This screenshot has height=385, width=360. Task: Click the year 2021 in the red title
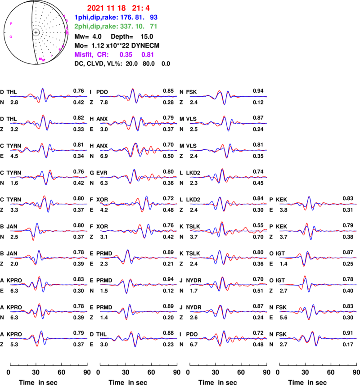95,8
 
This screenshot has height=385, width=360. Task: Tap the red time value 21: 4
141,8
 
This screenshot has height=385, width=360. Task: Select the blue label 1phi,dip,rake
96,18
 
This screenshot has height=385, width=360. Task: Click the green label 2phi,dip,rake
96,27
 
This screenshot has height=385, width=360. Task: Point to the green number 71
153,27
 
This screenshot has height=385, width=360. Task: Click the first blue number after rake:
126,18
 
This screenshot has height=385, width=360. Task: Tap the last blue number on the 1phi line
153,18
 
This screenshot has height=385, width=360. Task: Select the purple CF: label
103,55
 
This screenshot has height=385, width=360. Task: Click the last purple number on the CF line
148,55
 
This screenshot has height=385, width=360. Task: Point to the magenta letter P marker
11,23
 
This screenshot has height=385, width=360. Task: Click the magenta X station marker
60,49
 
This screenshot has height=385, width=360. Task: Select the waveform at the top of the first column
49,96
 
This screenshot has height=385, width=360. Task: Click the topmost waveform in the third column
228,96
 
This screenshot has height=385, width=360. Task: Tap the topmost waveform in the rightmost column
318,204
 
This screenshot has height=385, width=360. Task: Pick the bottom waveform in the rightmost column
318,338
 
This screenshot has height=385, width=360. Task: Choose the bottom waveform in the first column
49,338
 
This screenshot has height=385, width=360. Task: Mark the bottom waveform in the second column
139,338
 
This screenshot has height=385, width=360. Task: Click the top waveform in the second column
139,96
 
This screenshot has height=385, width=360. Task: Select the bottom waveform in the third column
228,338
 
